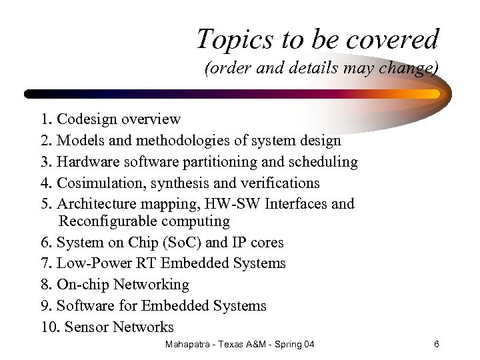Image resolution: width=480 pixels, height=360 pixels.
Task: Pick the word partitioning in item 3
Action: pos(220,162)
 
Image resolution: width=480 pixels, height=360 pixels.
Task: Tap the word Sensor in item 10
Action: pos(87,327)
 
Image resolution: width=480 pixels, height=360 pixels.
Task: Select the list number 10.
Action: pos(47,327)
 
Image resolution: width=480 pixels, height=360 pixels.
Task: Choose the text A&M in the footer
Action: pos(261,345)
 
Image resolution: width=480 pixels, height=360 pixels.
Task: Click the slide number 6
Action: pos(436,345)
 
